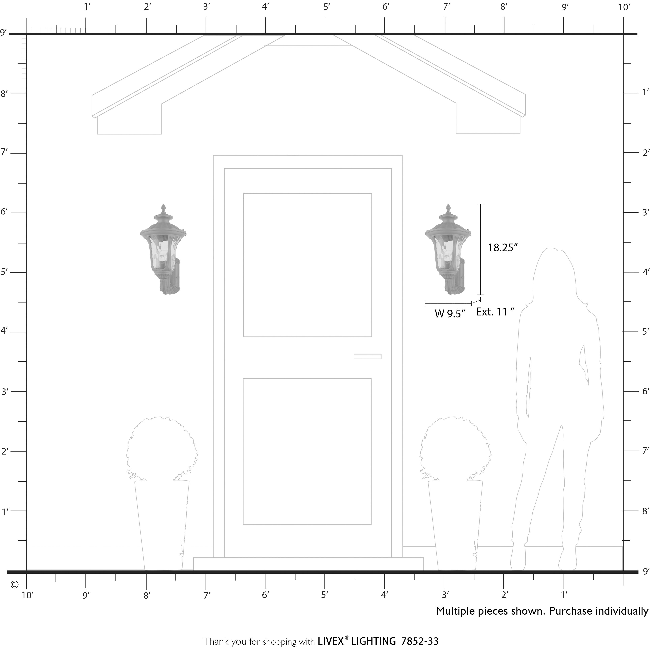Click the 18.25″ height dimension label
pyautogui.click(x=502, y=248)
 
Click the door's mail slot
pyautogui.click(x=367, y=357)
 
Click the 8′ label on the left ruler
pyautogui.click(x=4, y=94)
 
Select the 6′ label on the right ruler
pyautogui.click(x=645, y=391)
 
